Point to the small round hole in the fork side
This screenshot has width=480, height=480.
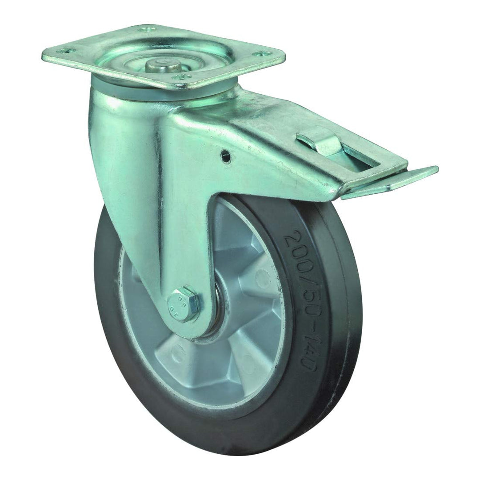226,155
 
